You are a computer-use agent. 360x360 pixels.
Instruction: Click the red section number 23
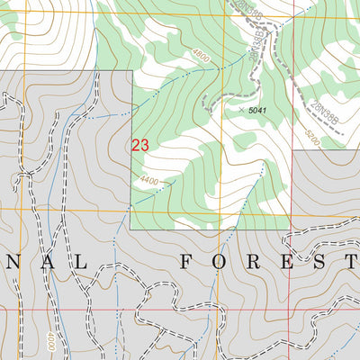[139, 145]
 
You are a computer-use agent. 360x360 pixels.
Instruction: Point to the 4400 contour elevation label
[148, 181]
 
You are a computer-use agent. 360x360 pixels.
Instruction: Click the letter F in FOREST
[187, 262]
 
